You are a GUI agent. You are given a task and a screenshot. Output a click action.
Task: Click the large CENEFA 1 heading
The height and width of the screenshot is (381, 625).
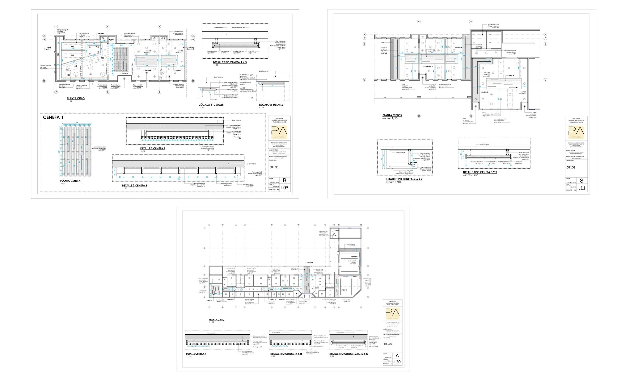coord(53,118)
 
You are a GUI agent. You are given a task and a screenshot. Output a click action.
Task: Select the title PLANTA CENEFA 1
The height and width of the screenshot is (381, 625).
coord(71,181)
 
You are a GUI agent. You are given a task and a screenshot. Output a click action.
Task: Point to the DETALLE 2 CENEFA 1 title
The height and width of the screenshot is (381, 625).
coord(135,186)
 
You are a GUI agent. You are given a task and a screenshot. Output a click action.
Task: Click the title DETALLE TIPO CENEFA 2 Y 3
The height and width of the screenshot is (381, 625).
coord(230,62)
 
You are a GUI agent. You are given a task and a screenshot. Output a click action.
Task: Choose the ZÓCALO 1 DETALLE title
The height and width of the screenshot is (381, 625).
coord(211,105)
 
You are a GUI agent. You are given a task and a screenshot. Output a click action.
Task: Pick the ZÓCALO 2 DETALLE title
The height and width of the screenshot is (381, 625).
coord(271,105)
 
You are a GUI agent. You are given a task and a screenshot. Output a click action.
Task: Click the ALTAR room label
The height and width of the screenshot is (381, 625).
coord(112,40)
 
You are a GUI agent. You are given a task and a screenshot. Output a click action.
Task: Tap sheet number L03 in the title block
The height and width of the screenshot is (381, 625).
coord(285,188)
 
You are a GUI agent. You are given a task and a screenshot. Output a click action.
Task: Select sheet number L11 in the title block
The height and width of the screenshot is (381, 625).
coord(582,188)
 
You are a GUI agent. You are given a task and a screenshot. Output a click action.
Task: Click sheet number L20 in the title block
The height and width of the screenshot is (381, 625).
coord(397,362)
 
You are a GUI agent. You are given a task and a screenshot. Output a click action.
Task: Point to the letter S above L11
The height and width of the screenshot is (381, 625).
coord(582,181)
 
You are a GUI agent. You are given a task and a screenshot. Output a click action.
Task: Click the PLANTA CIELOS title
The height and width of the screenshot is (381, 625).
coord(392,115)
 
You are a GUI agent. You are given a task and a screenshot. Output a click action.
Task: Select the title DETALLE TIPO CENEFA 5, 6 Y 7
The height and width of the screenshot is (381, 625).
coord(404,179)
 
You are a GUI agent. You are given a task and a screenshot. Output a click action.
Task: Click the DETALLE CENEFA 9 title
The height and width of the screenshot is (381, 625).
coord(196,354)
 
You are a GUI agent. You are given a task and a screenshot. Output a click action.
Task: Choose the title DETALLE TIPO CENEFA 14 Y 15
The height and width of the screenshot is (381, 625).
coord(286,354)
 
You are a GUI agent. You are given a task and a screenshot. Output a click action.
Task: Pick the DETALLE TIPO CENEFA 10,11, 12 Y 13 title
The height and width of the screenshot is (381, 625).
coord(349,354)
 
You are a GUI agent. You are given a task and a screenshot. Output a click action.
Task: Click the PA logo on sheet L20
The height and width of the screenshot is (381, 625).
coord(392,313)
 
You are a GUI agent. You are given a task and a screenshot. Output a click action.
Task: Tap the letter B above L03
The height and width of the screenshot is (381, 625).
coord(285,180)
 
